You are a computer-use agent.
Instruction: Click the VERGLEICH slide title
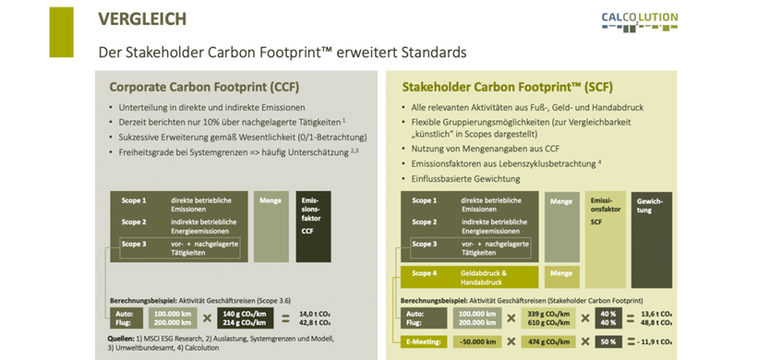(x=136, y=18)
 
